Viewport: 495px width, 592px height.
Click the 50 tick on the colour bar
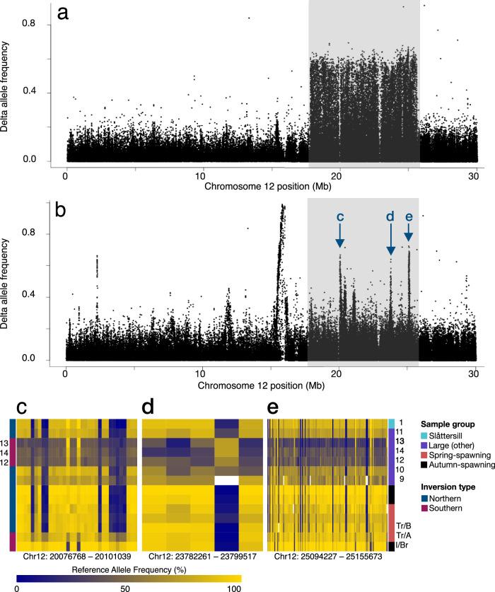click(x=129, y=586)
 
